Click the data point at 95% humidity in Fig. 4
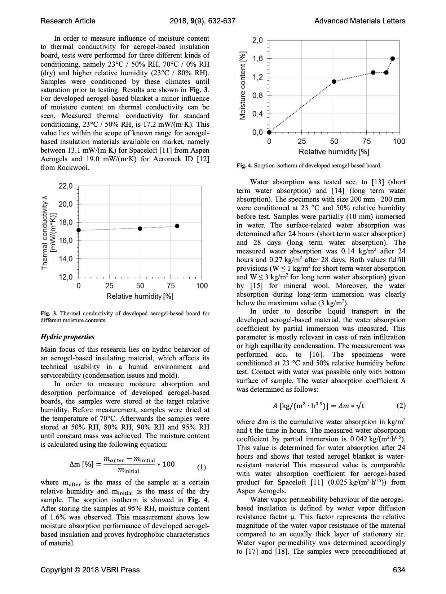click(393, 59)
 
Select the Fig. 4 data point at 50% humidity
click(334, 82)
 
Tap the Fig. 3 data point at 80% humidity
click(177, 226)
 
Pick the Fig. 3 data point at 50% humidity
click(140, 229)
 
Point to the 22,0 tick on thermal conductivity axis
click(66, 186)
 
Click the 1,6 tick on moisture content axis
click(257, 59)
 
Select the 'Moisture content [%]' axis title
click(243, 85)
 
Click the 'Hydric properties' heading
click(67, 337)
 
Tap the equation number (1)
click(202, 468)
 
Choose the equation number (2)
click(401, 406)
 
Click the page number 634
click(399, 570)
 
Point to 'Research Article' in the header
click(68, 21)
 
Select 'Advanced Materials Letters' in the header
click(360, 21)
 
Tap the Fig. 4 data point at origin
click(269, 132)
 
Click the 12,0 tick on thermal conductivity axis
click(66, 277)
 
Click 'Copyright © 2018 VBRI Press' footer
click(90, 570)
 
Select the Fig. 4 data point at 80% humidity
click(373, 72)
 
